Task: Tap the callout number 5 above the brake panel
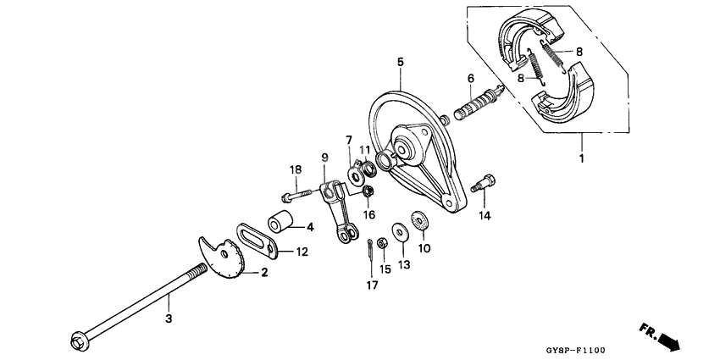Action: tap(401, 61)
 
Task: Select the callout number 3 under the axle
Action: tap(169, 318)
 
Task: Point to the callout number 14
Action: tap(484, 216)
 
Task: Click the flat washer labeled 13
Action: tap(399, 231)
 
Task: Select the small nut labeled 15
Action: tap(381, 243)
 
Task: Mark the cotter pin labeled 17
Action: tap(372, 251)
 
